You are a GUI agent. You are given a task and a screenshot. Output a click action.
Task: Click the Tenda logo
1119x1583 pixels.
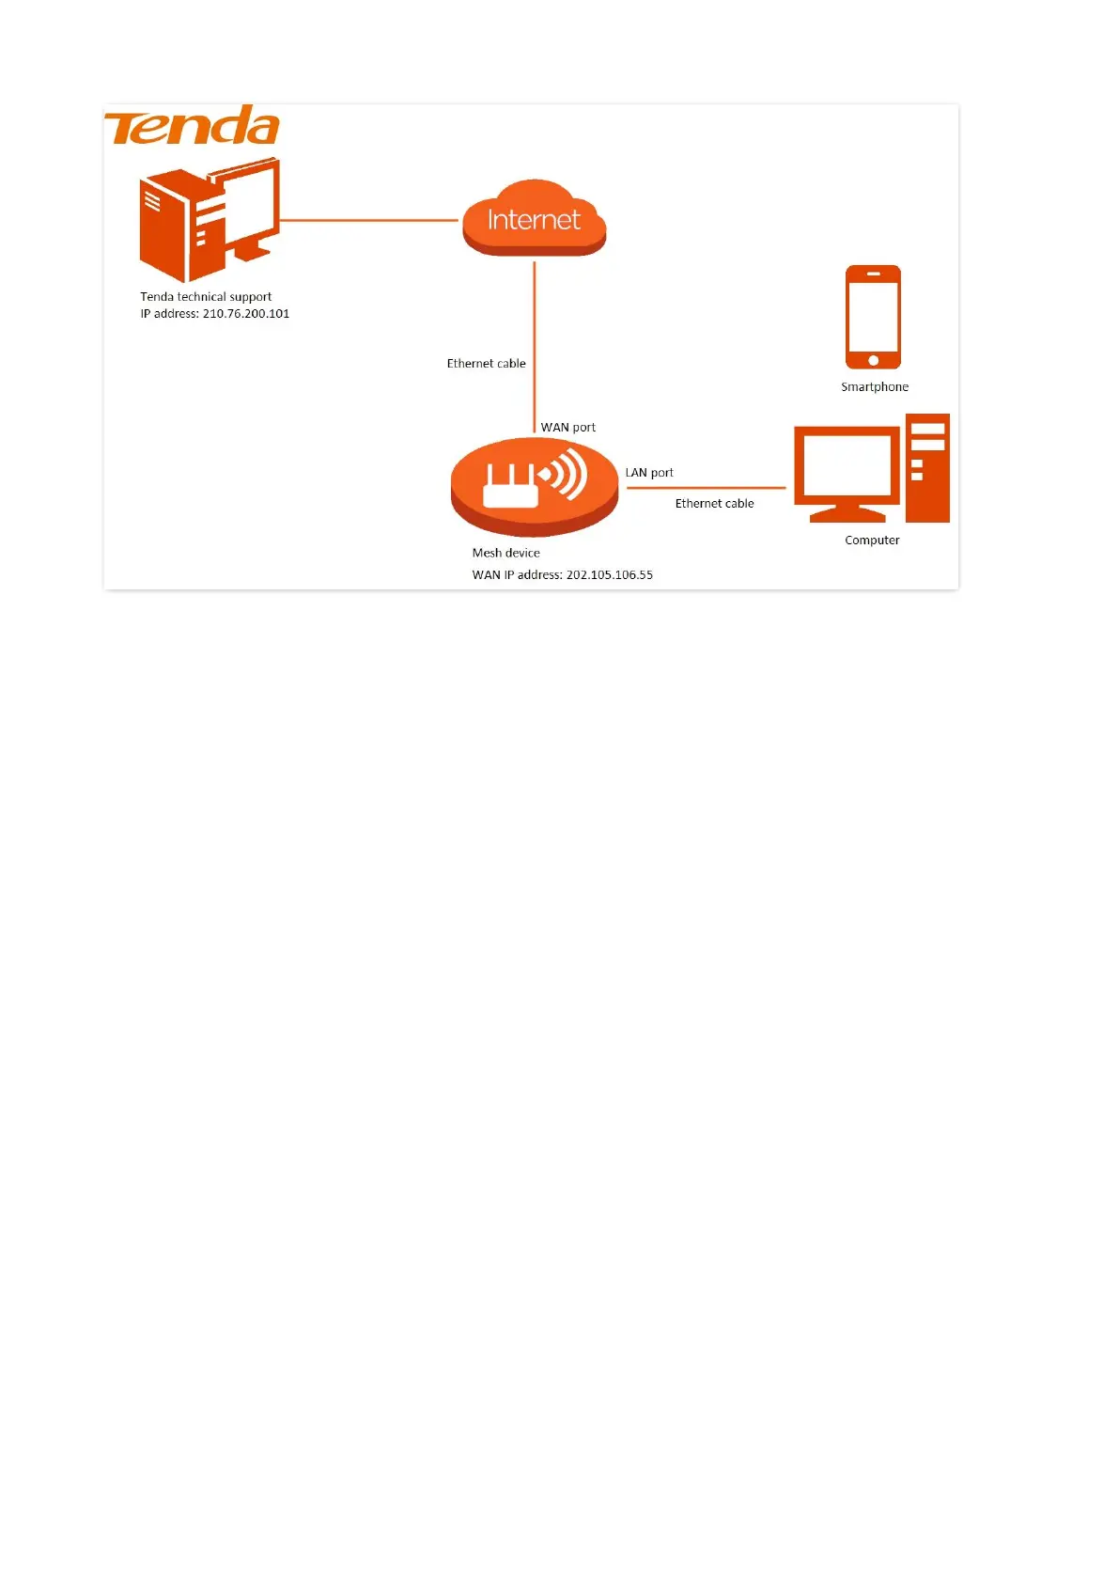(x=192, y=126)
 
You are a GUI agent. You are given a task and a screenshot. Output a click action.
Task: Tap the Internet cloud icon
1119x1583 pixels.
(x=534, y=219)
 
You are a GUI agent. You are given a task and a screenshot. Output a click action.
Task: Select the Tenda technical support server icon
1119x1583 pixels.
(x=209, y=221)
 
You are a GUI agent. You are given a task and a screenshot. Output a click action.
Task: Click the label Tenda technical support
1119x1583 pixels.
(x=206, y=297)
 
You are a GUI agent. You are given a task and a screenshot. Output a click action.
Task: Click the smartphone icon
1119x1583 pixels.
(x=873, y=316)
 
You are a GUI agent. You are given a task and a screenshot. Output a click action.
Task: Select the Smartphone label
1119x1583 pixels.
(x=875, y=387)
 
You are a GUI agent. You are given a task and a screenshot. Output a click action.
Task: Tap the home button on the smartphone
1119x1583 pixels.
(x=873, y=361)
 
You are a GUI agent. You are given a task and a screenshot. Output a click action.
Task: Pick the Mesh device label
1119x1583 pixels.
(x=505, y=554)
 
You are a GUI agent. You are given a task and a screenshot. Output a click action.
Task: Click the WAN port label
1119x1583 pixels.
(x=567, y=428)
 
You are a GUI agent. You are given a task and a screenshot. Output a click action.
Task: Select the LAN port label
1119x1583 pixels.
(x=649, y=473)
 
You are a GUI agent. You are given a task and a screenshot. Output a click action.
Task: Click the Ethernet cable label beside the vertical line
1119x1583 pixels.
(x=486, y=364)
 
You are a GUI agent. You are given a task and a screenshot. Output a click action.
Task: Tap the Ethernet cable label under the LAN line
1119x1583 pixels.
(x=714, y=504)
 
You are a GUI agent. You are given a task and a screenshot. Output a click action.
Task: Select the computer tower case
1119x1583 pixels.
(x=927, y=467)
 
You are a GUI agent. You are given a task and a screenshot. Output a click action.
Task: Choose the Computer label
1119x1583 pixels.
(x=872, y=541)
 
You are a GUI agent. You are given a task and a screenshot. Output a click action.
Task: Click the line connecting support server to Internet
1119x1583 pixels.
(x=368, y=221)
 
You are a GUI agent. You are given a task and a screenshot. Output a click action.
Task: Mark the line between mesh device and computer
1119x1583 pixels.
(x=705, y=488)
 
